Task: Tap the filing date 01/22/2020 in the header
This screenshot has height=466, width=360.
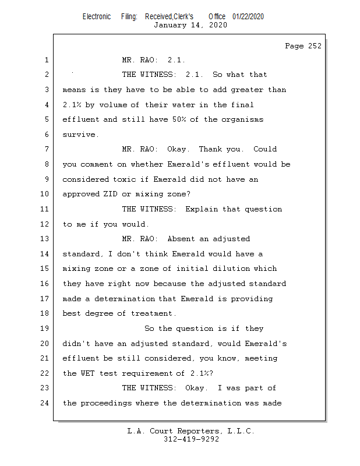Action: pos(248,17)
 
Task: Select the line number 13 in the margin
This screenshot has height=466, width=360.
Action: pos(45,239)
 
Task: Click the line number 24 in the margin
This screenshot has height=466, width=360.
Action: pos(45,403)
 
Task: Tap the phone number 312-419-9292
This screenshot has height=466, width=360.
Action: pos(191,440)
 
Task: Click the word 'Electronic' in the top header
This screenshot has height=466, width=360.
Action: pos(97,17)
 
